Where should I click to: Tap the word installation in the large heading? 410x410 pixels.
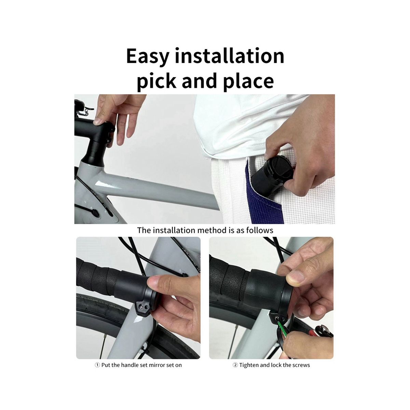pos(230,56)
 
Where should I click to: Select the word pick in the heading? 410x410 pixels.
pos(156,82)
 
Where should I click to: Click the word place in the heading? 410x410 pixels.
pos(248,82)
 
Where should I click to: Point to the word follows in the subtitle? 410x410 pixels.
pos(260,230)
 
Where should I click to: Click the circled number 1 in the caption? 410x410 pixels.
pos(97,365)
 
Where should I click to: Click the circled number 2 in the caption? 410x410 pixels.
pos(235,365)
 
